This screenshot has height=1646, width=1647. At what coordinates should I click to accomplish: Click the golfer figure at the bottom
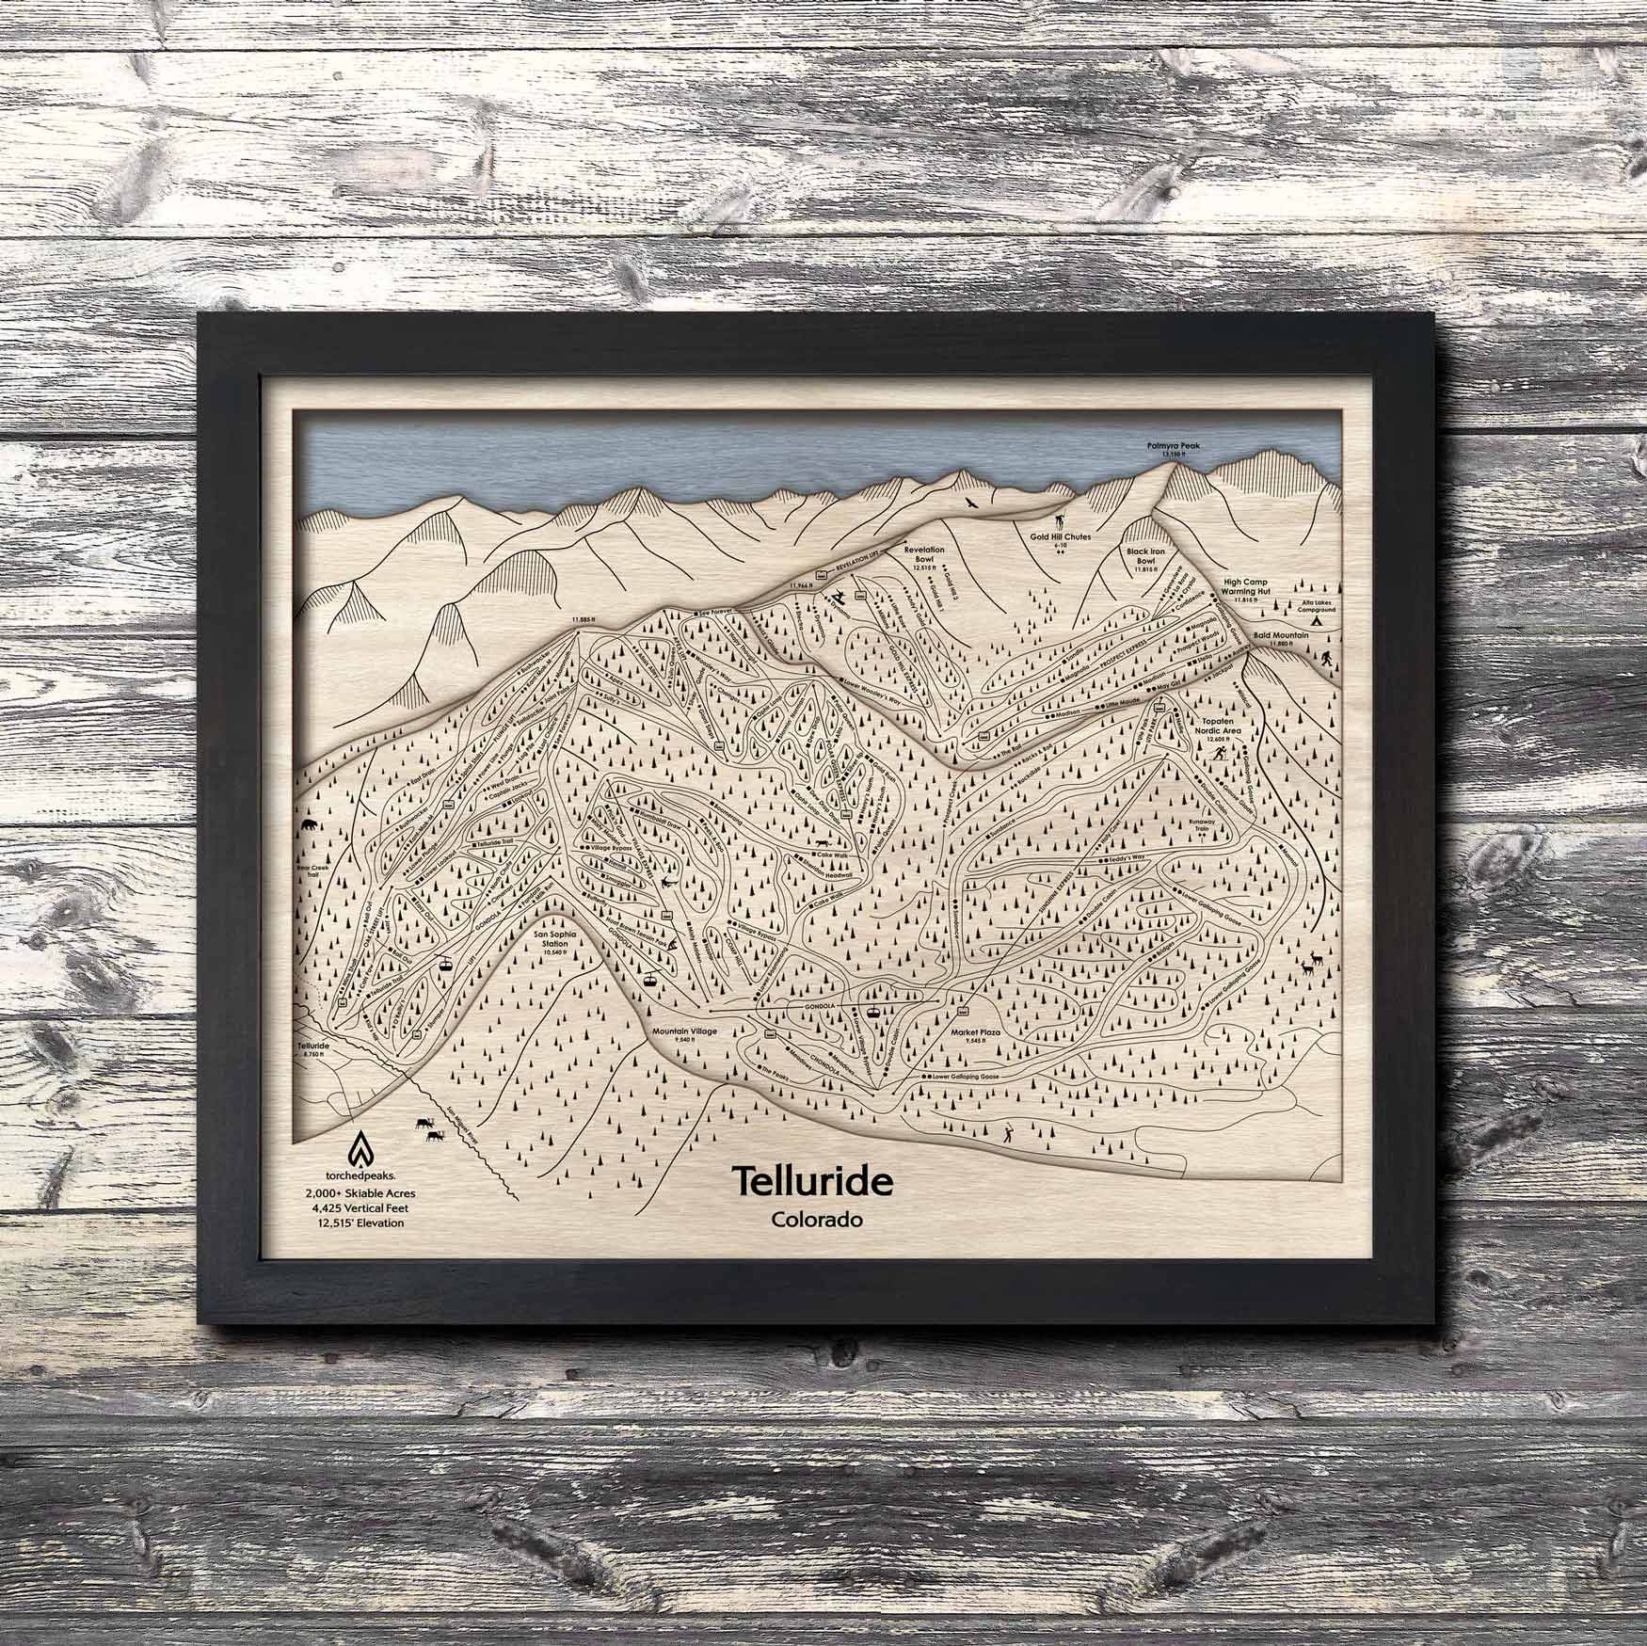tap(1008, 1131)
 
